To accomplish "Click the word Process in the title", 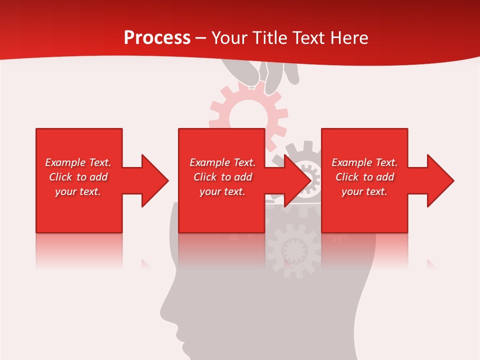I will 157,38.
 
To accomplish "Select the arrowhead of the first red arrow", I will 155,180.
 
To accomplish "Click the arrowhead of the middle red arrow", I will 297,180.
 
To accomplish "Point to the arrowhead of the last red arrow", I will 440,180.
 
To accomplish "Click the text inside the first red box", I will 78,177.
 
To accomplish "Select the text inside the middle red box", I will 222,177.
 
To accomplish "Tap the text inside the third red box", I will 364,177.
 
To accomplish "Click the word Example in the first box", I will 65,162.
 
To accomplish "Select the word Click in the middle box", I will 204,177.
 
